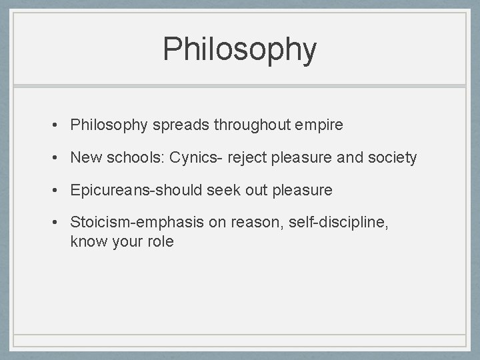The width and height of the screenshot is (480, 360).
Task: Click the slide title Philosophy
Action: pos(240,49)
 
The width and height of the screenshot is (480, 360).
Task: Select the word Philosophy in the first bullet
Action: pos(110,125)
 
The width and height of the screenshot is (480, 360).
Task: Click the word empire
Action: pos(319,125)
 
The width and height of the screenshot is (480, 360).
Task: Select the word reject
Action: pos(248,158)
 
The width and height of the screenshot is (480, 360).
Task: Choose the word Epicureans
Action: pos(111,190)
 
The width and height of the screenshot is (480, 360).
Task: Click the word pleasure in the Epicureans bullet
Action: pos(301,190)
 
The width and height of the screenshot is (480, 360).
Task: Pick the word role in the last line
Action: pos(161,242)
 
